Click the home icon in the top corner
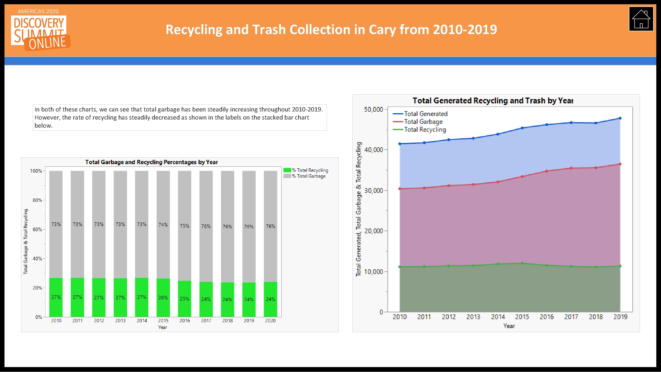[x=641, y=19]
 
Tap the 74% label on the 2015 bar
[x=163, y=225]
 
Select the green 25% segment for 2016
[x=184, y=299]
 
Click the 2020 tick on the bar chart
[x=270, y=320]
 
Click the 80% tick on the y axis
[x=37, y=200]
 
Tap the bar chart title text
[x=151, y=162]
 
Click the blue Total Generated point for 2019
[x=620, y=118]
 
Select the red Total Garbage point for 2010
[x=400, y=189]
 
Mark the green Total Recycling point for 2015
[x=522, y=263]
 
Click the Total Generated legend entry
[x=426, y=114]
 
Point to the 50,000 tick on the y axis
[x=373, y=110]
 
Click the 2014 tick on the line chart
[x=498, y=317]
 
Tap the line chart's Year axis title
[x=509, y=326]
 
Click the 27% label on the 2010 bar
[x=56, y=297]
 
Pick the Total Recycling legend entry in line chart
[x=425, y=130]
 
